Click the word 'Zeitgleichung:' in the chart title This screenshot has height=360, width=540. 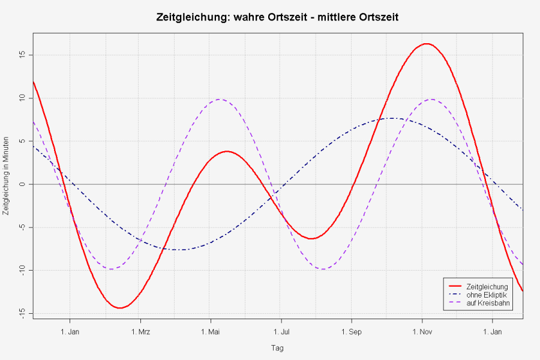[190, 17]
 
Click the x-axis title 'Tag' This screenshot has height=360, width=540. [277, 347]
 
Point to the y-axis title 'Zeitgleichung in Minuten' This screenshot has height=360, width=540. [6, 184]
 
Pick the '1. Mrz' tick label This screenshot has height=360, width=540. [140, 331]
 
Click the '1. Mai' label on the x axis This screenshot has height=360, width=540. [211, 331]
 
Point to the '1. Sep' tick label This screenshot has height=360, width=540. [352, 331]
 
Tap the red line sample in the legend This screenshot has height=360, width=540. [454, 287]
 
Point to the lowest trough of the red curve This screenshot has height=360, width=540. [120, 308]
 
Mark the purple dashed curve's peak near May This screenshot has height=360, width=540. [220, 100]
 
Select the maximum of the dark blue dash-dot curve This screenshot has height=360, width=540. [391, 118]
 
